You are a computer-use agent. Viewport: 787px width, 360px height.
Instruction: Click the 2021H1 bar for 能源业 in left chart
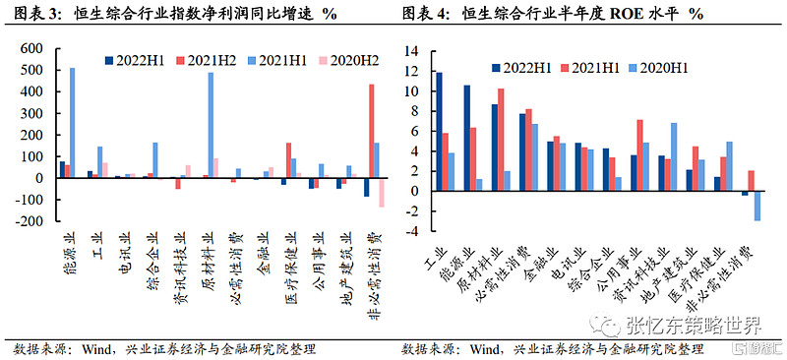pos(72,123)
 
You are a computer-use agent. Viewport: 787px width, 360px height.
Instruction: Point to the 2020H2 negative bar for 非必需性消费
pos(382,193)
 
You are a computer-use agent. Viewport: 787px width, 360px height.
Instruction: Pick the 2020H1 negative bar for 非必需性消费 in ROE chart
pos(757,207)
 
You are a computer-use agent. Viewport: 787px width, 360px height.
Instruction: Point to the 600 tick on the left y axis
pos(33,48)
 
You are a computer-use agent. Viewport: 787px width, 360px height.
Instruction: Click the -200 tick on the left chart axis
pos(31,222)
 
